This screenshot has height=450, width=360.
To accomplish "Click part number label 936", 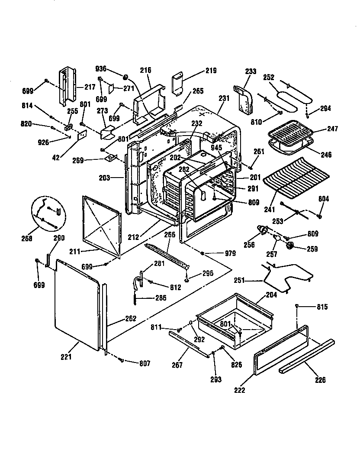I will (x=101, y=69).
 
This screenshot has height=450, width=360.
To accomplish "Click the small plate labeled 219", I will (x=178, y=83).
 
